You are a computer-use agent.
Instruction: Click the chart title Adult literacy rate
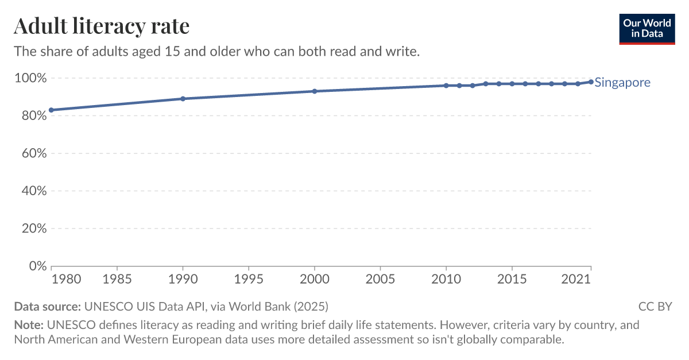(x=101, y=26)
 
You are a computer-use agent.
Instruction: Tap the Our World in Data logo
(x=647, y=28)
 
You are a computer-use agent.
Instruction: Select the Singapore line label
(x=622, y=82)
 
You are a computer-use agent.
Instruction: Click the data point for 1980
(x=52, y=110)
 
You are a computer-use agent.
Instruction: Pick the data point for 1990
(x=183, y=99)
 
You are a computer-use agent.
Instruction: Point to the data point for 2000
(x=315, y=91)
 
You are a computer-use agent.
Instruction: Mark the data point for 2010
(x=446, y=86)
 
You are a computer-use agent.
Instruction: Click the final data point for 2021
(x=591, y=82)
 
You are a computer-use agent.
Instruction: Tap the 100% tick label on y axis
(x=29, y=78)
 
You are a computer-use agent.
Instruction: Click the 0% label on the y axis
(x=36, y=266)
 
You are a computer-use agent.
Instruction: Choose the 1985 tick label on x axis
(x=117, y=279)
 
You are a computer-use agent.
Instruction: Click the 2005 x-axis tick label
(x=380, y=279)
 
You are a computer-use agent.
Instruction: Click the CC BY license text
(x=655, y=306)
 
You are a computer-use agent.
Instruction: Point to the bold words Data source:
(x=48, y=306)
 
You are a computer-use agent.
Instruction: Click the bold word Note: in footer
(x=28, y=326)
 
